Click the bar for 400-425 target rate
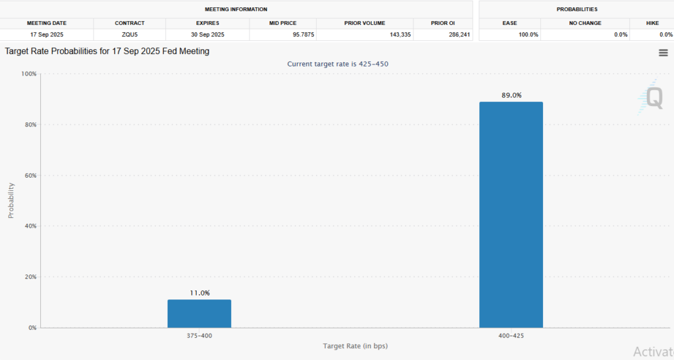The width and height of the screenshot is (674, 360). click(511, 215)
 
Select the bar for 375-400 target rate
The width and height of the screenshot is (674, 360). click(199, 314)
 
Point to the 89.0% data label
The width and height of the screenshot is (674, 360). click(511, 95)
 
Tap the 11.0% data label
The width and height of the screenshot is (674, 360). click(199, 293)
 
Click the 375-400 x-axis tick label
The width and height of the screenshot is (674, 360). click(199, 336)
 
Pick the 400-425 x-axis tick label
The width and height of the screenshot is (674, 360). click(511, 336)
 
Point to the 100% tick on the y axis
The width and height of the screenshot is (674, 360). click(28, 74)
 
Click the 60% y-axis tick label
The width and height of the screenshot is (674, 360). click(30, 176)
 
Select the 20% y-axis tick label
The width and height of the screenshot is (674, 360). click(30, 277)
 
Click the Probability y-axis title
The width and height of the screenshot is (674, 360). click(11, 200)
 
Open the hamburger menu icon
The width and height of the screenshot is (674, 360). click(663, 53)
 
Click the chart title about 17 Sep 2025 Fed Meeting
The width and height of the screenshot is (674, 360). click(107, 51)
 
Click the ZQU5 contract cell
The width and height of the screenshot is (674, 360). click(130, 34)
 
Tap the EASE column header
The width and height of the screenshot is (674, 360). click(509, 23)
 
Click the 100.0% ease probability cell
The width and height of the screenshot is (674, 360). click(529, 34)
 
